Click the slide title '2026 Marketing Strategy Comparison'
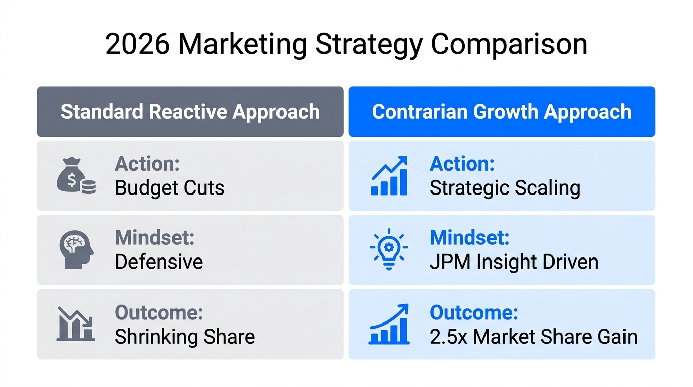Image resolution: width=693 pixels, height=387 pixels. [346, 44]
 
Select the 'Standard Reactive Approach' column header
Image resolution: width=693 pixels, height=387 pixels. [190, 112]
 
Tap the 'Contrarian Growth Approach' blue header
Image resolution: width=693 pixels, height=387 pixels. [502, 112]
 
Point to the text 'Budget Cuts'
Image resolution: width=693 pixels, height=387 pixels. [170, 187]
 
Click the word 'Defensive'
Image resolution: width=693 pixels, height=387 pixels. [159, 262]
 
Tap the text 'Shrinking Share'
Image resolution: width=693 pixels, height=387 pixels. [185, 336]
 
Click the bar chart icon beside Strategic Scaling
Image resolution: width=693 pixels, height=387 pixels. [389, 175]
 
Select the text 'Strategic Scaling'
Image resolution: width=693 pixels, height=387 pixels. [505, 187]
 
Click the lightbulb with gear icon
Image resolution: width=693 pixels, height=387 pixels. [389, 249]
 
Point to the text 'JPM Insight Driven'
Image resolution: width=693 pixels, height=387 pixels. [514, 262]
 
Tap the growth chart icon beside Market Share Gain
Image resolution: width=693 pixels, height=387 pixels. [389, 324]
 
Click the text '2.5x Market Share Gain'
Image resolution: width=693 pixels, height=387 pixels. [533, 336]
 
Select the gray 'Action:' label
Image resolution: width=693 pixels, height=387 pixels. [148, 164]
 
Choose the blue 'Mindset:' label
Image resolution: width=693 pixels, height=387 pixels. [469, 238]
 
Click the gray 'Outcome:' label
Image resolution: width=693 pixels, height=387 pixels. [159, 312]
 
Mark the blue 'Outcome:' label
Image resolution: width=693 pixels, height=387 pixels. [474, 312]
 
